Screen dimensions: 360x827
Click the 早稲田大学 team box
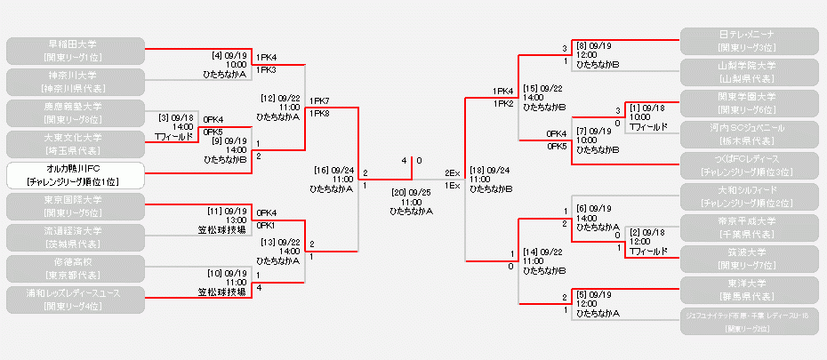coord(75,50)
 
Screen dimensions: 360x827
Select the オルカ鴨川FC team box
coord(75,174)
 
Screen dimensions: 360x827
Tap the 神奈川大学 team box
coord(75,81)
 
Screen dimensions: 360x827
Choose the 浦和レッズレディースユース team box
coord(75,299)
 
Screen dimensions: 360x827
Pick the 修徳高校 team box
coord(75,268)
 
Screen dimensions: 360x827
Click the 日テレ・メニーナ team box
coord(748,41)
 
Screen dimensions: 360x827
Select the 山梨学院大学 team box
coord(748,72)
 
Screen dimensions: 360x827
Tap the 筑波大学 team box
coord(748,259)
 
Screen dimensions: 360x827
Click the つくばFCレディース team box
coord(748,165)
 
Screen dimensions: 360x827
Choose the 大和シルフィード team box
coord(748,196)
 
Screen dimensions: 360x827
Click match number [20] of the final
coord(397,191)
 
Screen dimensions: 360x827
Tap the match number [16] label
coord(322,168)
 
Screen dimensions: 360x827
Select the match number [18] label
coord(477,168)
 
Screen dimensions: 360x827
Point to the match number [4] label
coord(216,55)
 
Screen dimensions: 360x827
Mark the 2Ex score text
coord(452,172)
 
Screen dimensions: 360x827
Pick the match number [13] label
coord(269,241)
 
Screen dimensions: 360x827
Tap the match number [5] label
coord(584,294)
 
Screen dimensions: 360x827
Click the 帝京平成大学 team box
coord(748,228)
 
